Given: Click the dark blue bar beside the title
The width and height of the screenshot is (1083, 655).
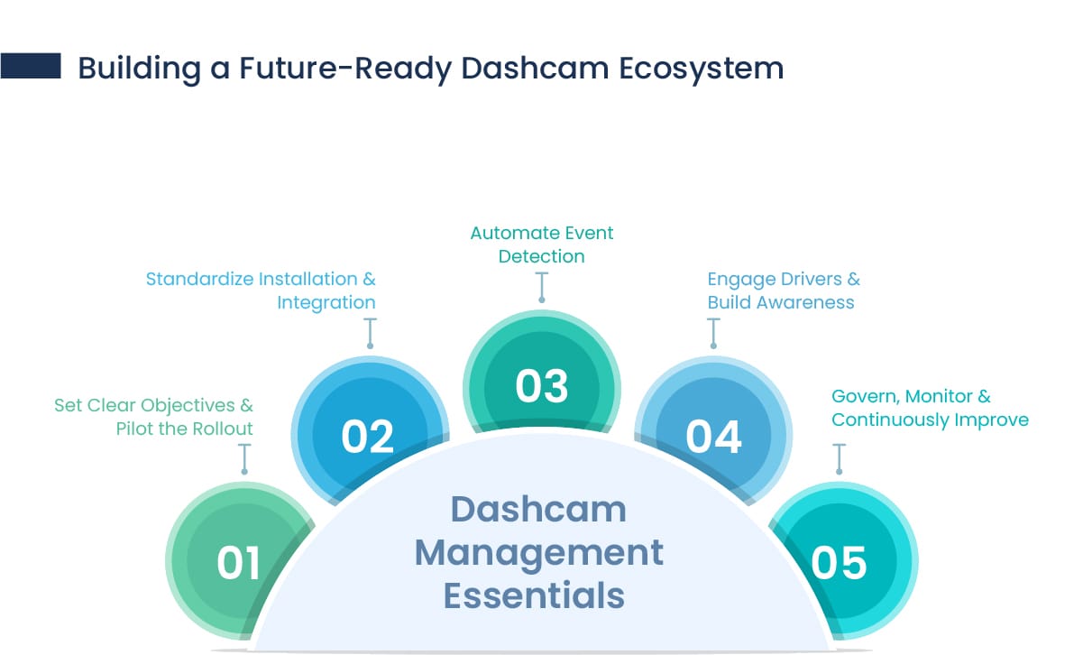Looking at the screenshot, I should point(31,66).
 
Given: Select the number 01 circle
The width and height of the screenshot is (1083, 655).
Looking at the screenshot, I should point(239,561).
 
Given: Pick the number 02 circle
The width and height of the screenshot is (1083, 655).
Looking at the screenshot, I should point(368,435).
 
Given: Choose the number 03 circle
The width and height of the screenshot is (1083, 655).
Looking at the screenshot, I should point(542,385).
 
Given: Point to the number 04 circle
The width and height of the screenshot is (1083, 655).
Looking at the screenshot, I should point(713,435).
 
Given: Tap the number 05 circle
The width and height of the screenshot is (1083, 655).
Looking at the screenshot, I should point(839,561).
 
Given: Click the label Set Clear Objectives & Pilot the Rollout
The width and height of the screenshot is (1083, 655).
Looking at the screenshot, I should point(153,417).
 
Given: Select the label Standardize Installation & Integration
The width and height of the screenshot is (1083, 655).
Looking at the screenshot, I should point(261,291).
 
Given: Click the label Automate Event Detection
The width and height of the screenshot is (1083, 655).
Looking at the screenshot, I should point(542,244).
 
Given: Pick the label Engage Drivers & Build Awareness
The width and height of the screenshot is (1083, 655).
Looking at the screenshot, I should point(784,291).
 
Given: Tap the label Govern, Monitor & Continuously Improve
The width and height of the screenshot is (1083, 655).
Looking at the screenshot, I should point(930,408).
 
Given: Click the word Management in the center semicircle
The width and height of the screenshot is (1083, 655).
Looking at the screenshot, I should point(538,552).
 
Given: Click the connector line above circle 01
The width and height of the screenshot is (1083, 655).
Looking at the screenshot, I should point(243,458).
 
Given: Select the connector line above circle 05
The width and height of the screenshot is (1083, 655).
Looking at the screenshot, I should point(840,458).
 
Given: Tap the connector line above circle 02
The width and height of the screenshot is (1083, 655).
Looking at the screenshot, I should point(369,332).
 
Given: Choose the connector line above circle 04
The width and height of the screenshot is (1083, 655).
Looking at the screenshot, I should point(714,332).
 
